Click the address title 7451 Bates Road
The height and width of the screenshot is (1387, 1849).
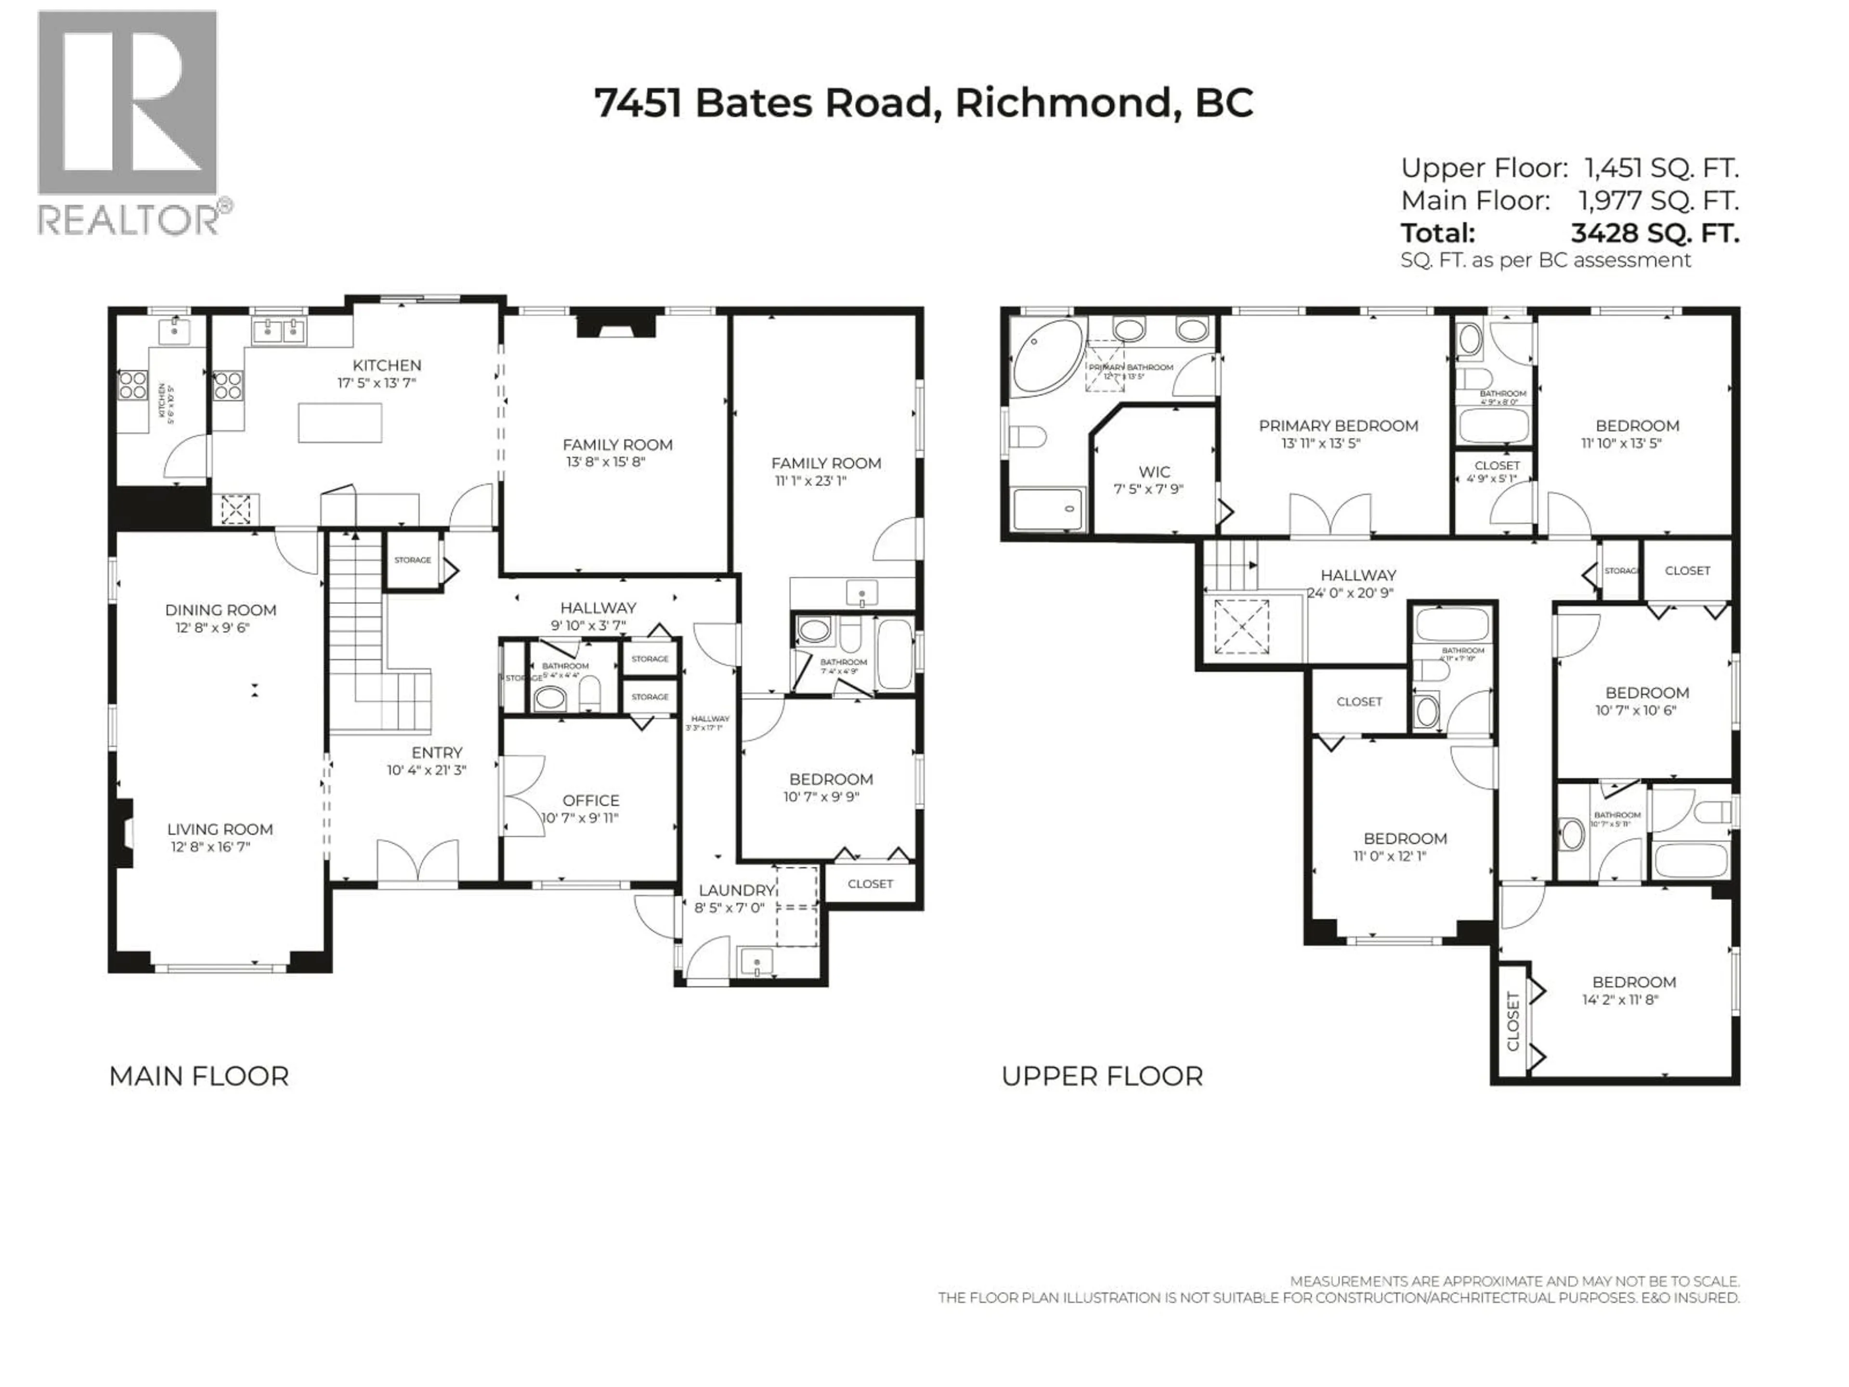(923, 104)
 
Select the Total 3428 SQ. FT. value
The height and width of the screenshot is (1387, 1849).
(1654, 233)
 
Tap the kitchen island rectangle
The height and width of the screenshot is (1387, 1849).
(340, 422)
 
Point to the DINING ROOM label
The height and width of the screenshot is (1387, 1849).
(220, 610)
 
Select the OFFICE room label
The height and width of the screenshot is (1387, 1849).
(590, 800)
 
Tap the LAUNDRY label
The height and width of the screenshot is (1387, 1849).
(736, 890)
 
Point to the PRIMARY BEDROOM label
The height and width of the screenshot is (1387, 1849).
(1338, 426)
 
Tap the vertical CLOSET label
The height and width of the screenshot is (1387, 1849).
(1512, 1021)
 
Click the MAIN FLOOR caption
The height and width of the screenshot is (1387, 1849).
(199, 1076)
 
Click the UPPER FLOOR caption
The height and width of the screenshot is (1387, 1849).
(1102, 1076)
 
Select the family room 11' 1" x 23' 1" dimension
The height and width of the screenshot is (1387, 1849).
(810, 481)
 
